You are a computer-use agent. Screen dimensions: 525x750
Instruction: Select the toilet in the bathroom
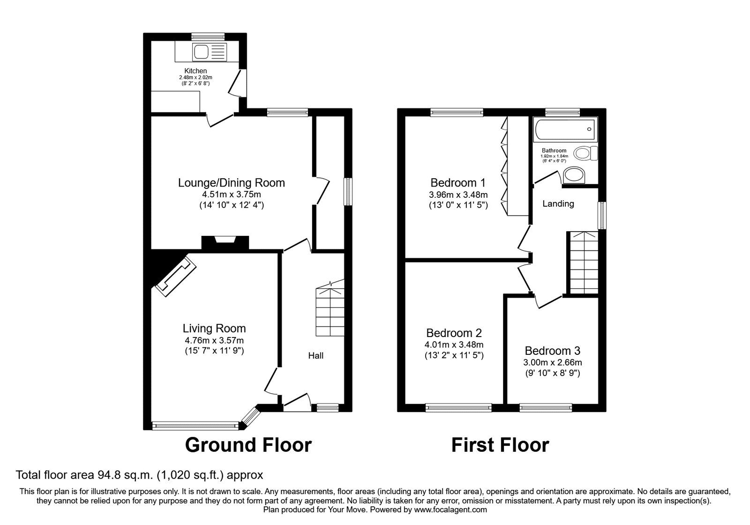click(x=586, y=153)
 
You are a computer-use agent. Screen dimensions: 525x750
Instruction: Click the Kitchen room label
click(x=195, y=71)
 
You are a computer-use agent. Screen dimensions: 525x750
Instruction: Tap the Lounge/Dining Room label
click(x=231, y=183)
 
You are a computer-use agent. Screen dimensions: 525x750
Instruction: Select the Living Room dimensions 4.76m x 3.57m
click(x=214, y=340)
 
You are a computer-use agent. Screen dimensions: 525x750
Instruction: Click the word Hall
click(x=315, y=356)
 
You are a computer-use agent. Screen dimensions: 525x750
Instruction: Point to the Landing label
click(x=558, y=204)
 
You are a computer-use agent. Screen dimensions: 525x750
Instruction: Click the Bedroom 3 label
click(x=552, y=351)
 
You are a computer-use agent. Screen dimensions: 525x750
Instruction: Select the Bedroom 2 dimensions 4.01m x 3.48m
click(x=454, y=345)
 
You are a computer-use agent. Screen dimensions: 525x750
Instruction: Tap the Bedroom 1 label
click(x=458, y=183)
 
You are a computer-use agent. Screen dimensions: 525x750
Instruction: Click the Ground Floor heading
click(x=248, y=445)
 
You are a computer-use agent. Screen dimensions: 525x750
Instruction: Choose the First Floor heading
click(x=500, y=445)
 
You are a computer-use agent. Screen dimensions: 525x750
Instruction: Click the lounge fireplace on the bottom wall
click(x=225, y=241)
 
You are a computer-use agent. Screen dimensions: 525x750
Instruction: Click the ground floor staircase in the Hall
click(x=330, y=309)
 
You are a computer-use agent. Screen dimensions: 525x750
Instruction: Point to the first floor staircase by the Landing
click(x=584, y=262)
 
